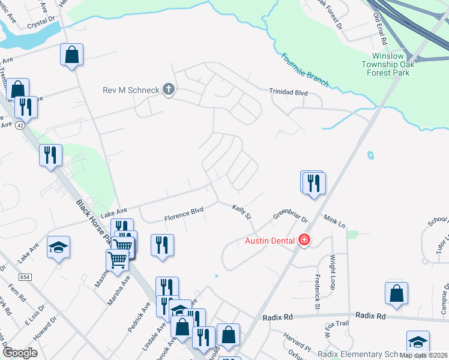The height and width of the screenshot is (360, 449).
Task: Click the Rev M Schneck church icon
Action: pos(169,91)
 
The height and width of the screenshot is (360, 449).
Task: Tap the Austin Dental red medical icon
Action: pos(304,241)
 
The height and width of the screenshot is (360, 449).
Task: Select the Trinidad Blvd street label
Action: pos(288,92)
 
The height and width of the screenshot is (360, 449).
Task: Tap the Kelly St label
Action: pos(241,211)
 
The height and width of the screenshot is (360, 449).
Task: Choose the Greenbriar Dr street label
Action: pos(290,215)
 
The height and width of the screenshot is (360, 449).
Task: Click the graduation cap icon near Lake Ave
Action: pos(59,247)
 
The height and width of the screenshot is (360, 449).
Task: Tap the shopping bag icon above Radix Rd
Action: pos(396,294)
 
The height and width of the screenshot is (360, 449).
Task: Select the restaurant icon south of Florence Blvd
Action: pos(162,245)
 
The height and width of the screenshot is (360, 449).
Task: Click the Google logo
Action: pos(20,353)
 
